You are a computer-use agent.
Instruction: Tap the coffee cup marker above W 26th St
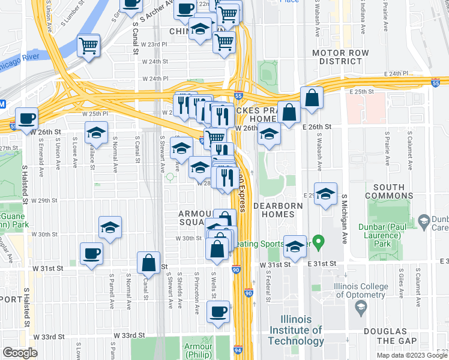point(26,118)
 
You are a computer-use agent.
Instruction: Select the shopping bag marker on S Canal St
point(148,262)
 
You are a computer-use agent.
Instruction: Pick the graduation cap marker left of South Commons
point(325,194)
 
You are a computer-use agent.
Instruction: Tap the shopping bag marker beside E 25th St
point(312,97)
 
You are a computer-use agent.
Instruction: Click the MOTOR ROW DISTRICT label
point(340,57)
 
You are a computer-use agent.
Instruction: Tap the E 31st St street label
point(324,264)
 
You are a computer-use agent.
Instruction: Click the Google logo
point(20,353)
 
